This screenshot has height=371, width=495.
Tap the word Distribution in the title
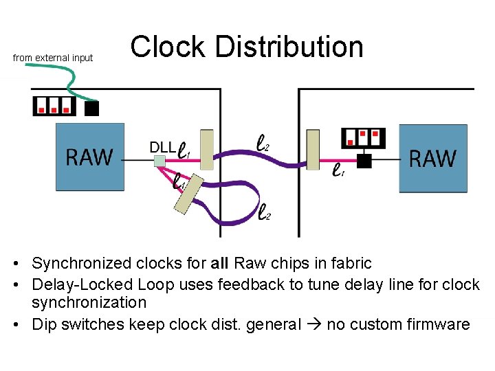[x=289, y=47]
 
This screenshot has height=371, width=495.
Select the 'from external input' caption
[x=53, y=58]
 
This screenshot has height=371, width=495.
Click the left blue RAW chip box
[x=89, y=157]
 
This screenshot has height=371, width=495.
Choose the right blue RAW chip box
[x=432, y=158]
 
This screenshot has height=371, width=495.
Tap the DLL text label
[x=162, y=146]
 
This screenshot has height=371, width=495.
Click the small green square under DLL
[x=159, y=161]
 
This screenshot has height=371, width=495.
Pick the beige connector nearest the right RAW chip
[x=313, y=149]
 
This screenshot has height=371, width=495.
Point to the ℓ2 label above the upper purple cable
[x=263, y=143]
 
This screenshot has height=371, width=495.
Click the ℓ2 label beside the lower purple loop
[x=264, y=213]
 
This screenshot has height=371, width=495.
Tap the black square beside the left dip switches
[x=91, y=108]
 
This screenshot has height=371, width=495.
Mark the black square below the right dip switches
[x=364, y=161]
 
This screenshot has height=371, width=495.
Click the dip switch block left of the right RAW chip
[x=364, y=137]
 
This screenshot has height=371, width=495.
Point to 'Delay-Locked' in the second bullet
[x=74, y=283]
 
